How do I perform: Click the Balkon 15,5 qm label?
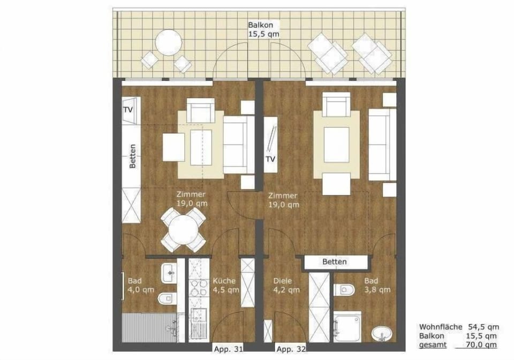click(262, 29)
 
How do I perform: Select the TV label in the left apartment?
click(128, 109)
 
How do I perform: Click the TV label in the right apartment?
click(271, 159)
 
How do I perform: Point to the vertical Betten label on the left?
click(132, 157)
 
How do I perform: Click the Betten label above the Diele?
click(335, 262)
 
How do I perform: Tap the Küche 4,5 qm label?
click(225, 286)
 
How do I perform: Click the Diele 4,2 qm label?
click(286, 286)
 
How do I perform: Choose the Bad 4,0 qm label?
click(140, 286)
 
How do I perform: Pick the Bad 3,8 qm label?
click(377, 286)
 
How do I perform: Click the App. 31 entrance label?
click(229, 349)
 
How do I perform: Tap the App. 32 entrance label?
click(291, 349)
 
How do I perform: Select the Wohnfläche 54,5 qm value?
click(483, 326)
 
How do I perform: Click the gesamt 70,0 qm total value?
click(483, 345)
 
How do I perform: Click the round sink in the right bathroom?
click(382, 333)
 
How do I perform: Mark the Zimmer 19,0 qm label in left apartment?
click(193, 199)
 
